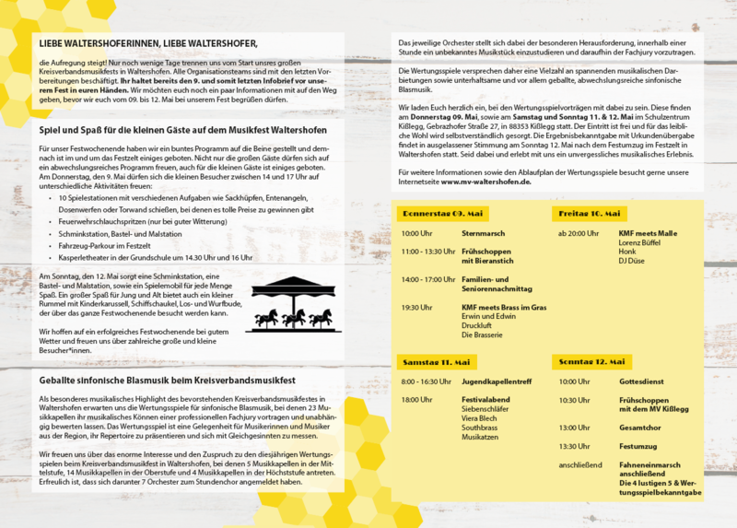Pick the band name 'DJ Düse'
631,260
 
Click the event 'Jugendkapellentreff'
496,381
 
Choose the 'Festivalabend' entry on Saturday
485,400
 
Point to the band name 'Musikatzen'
480,438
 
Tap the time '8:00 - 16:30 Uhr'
427,381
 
